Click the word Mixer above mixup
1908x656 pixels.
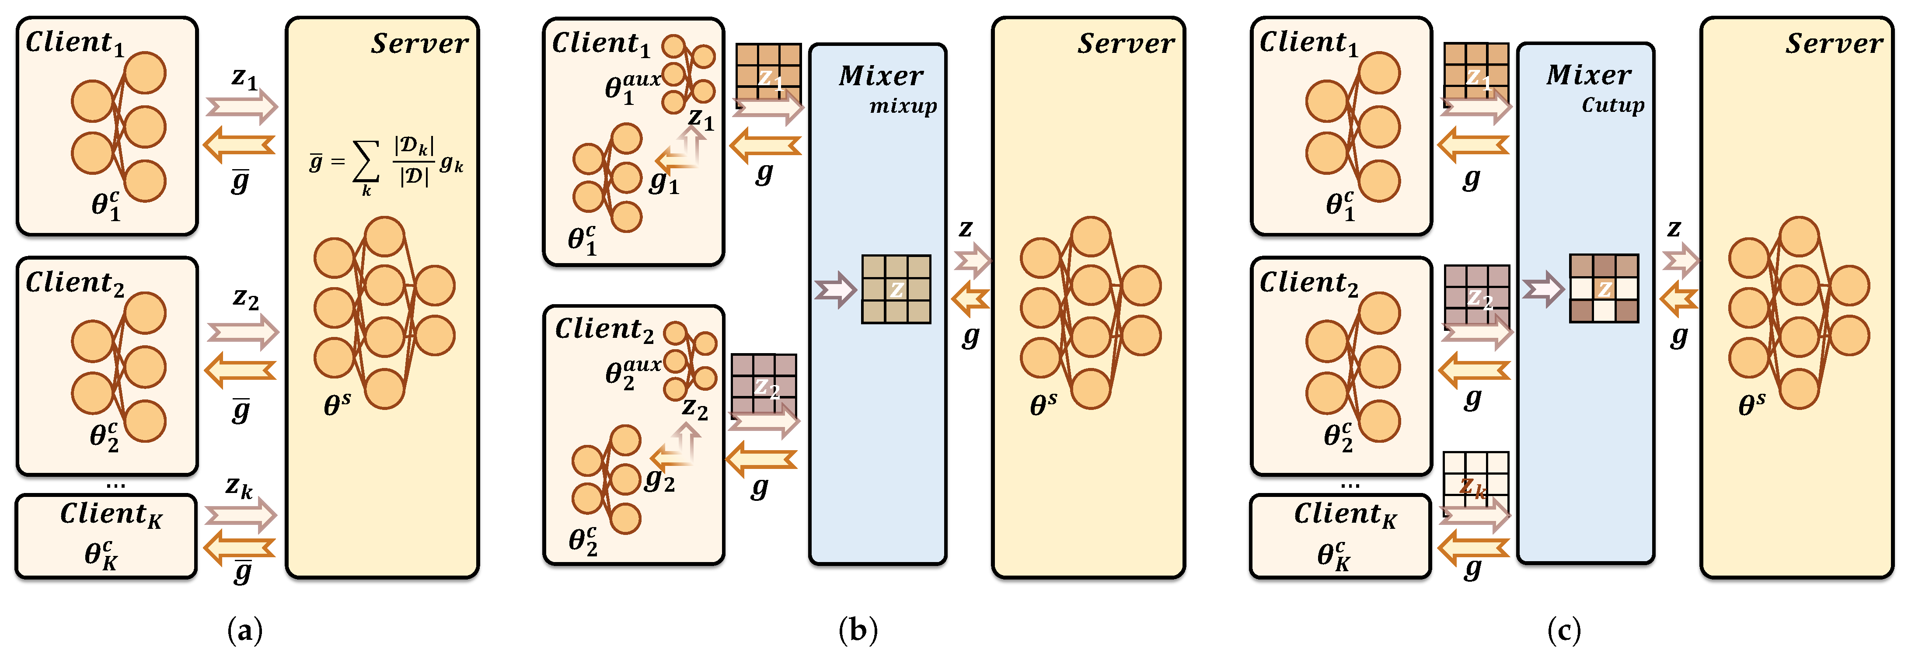tap(881, 76)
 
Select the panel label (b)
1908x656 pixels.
tap(858, 630)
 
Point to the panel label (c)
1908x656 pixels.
tap(1564, 630)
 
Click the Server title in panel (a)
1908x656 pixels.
tap(420, 44)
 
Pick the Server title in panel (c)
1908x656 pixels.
tap(1834, 44)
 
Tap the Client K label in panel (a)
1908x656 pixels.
tap(111, 514)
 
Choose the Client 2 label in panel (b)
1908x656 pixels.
tap(604, 330)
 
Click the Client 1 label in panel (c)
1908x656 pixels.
tap(1309, 43)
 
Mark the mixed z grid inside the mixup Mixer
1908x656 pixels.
tap(896, 289)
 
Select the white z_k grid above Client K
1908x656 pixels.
tap(1476, 481)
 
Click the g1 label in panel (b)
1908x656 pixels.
tap(664, 181)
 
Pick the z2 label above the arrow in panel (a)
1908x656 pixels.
tap(246, 298)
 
